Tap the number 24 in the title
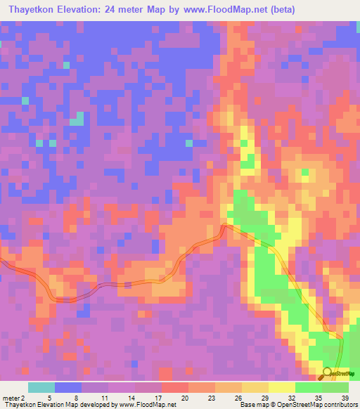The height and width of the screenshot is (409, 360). click(x=132, y=10)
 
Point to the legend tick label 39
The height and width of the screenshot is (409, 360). click(x=345, y=398)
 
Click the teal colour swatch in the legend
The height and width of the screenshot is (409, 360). click(x=41, y=387)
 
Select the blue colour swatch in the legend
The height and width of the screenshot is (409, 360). click(x=68, y=387)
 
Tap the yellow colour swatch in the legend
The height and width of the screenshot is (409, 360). click(x=282, y=387)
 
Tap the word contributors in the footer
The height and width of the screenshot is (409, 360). click(x=341, y=405)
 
